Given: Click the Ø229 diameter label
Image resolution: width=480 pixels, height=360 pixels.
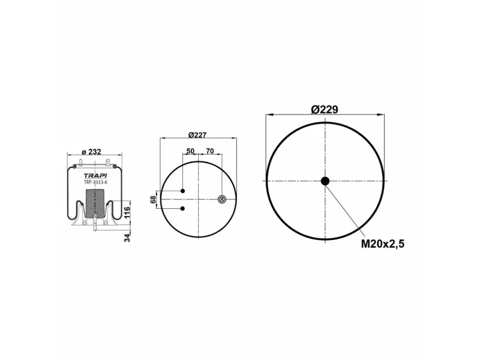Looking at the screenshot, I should [325, 109].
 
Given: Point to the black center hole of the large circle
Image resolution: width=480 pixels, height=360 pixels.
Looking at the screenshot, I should [325, 181].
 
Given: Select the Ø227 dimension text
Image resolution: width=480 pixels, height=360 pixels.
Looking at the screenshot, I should [198, 134].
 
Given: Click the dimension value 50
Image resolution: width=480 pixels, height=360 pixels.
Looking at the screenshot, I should [191, 151].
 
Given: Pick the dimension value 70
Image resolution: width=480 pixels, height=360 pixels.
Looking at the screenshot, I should [210, 151].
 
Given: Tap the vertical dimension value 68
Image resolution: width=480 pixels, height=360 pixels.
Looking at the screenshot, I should [153, 200].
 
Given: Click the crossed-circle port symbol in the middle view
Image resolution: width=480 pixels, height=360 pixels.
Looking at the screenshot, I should [222, 199].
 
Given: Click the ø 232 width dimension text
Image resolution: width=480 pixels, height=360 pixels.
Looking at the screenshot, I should [91, 152].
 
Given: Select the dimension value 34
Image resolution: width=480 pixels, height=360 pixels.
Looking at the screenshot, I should [127, 237].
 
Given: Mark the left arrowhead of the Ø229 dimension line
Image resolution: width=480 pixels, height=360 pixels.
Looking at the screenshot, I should [269, 114].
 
